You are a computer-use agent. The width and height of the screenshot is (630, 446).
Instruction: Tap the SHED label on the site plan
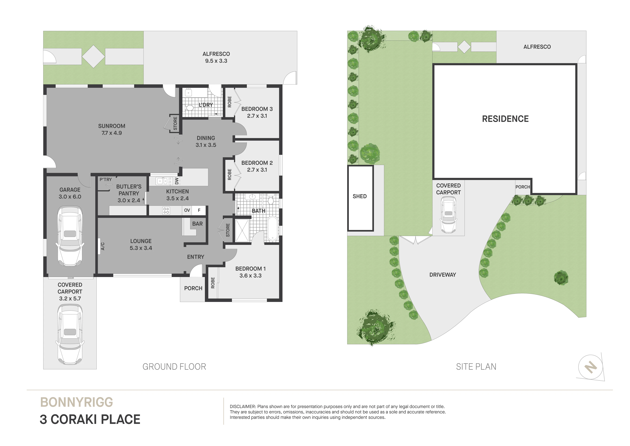point(360,196)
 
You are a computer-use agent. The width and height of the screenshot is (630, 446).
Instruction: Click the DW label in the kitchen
point(177,181)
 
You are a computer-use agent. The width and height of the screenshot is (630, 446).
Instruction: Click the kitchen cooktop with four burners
point(166,210)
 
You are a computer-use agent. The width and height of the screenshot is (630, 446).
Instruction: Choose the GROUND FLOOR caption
point(174,367)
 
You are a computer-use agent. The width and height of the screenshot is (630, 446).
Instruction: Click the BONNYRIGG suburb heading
point(76,402)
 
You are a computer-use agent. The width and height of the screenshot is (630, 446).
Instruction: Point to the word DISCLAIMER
point(243,406)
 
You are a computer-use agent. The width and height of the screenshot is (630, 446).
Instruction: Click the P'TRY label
point(106,179)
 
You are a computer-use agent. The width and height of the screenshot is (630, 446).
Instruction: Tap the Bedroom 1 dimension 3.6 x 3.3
point(251,276)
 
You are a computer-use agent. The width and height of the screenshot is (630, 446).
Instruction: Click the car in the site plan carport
point(448,216)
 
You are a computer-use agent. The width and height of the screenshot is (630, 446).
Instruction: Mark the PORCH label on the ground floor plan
point(193,288)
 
